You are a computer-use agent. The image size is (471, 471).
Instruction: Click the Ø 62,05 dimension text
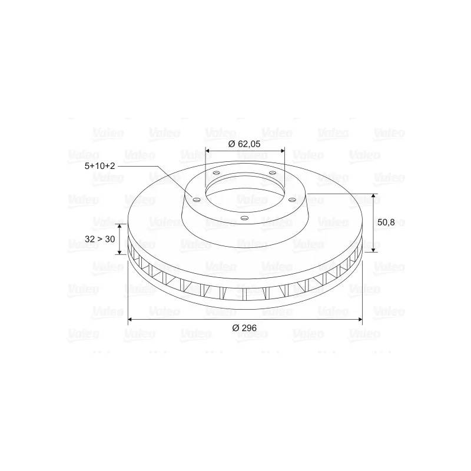244,144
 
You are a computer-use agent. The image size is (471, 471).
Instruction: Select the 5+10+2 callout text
99,166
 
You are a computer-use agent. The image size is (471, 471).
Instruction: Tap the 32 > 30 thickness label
99,239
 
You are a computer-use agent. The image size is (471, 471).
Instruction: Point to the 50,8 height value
386,223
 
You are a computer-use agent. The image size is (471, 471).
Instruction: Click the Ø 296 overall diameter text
244,328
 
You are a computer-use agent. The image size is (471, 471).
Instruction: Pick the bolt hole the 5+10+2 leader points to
197,200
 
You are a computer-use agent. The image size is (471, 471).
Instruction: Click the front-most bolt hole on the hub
245,218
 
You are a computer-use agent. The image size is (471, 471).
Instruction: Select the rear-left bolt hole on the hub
216,173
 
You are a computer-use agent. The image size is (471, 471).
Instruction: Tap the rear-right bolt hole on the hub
273,173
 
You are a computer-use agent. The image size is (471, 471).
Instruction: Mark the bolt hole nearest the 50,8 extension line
291,200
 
